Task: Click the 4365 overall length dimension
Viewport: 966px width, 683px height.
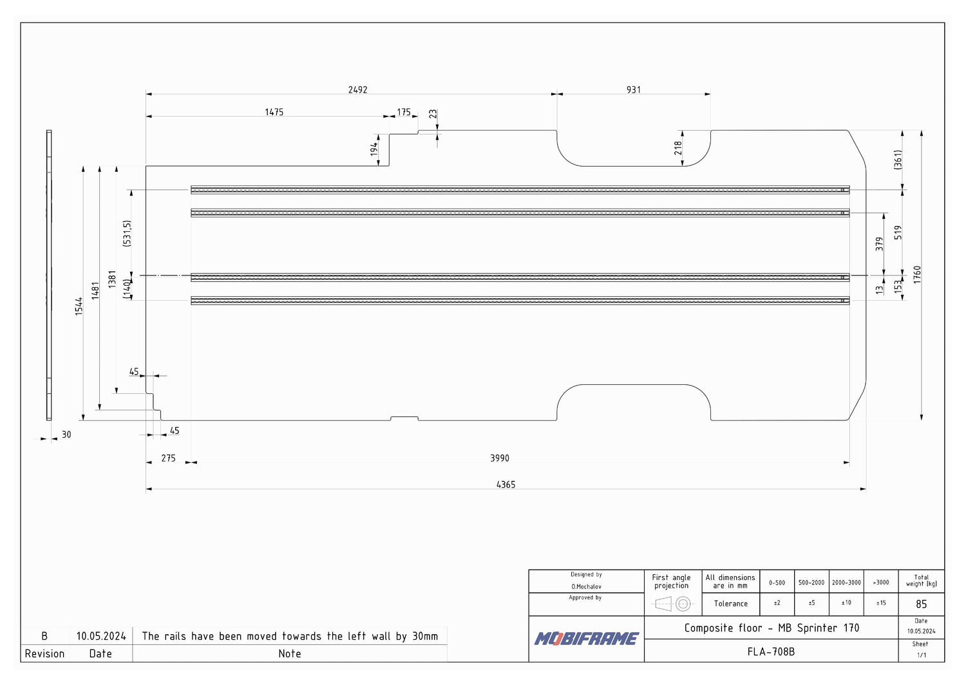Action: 506,485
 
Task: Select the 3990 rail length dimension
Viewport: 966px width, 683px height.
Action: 499,458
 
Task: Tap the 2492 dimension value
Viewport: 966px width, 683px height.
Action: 357,89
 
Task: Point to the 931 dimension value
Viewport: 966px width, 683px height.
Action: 634,89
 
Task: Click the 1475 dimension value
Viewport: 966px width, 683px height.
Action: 274,112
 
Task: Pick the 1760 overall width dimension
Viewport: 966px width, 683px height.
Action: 917,275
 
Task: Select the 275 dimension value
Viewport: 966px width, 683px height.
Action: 168,458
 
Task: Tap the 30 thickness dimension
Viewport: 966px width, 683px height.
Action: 66,435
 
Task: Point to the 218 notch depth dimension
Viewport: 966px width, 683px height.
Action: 678,148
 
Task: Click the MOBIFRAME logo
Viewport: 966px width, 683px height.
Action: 586,639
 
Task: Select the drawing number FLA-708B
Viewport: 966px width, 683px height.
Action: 771,651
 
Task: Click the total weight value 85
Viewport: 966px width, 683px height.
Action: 921,604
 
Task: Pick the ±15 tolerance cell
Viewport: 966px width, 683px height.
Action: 880,603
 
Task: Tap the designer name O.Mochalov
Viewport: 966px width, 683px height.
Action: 586,586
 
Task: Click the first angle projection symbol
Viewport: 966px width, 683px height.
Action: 673,604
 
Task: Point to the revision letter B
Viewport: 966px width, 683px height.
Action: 44,636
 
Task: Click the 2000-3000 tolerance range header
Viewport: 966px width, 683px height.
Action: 846,583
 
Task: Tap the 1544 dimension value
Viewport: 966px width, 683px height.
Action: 79,306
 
